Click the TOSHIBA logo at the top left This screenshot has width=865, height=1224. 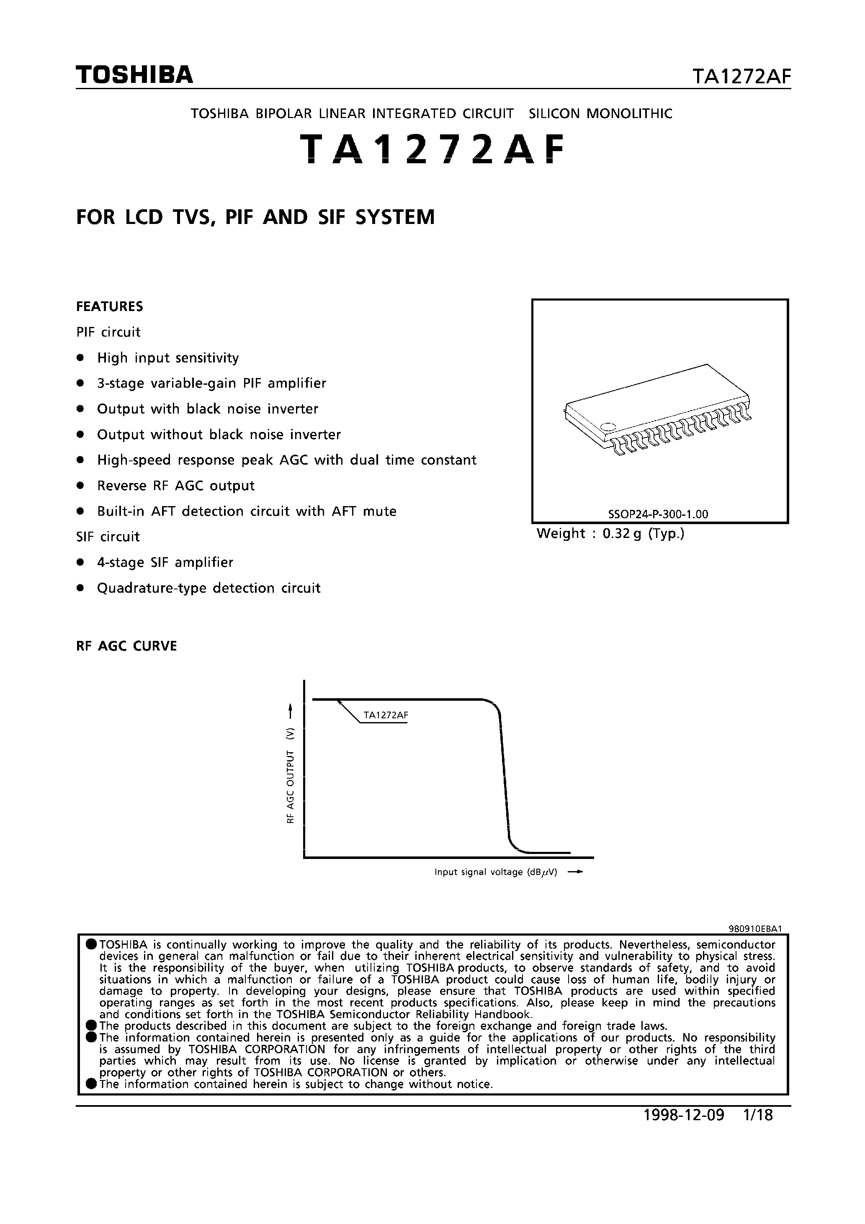134,75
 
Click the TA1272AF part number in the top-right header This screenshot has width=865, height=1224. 741,77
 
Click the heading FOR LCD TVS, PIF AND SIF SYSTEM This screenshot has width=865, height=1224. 255,218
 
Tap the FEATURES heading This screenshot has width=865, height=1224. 110,306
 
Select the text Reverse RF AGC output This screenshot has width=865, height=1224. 176,486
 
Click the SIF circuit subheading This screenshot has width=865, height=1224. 108,537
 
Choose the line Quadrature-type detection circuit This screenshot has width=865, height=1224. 209,588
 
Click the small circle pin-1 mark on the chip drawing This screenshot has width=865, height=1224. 608,426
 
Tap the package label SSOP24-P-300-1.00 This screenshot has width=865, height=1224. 658,514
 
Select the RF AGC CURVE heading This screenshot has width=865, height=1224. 126,646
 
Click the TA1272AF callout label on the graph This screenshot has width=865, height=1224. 386,715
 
